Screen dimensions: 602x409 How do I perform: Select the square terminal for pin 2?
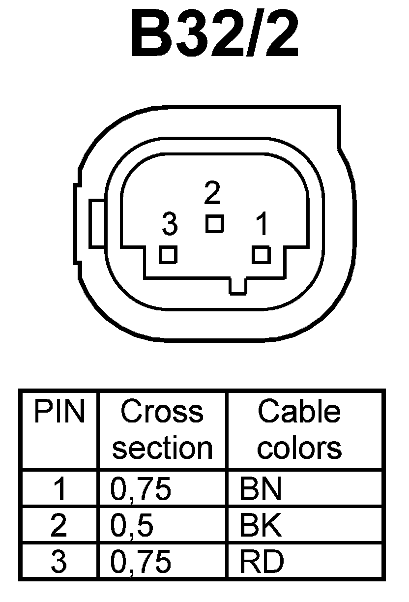point(214,224)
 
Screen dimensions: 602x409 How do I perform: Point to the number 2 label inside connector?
point(212,194)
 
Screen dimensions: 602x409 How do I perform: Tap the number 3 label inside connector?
point(169,225)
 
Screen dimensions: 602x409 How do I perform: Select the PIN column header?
point(59,412)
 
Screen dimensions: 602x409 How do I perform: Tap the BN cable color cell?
point(261,490)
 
